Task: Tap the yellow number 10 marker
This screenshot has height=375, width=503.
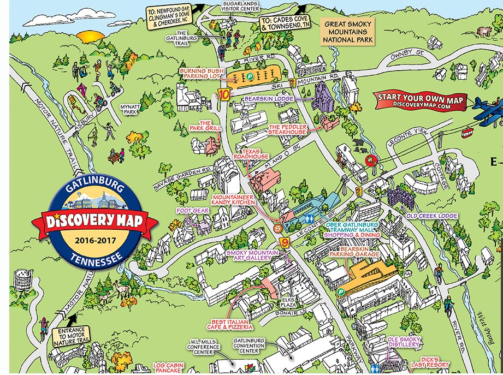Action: tap(223, 93)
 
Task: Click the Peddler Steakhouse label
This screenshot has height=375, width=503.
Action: tap(287, 129)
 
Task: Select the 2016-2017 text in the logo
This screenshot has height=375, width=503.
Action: tap(95, 239)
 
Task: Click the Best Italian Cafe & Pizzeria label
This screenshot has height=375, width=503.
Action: tap(233, 324)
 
